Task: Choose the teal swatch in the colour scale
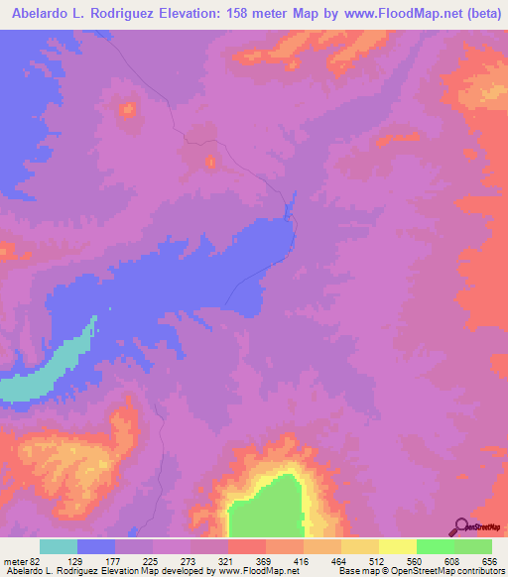click(x=59, y=546)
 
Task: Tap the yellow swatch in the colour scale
click(x=397, y=546)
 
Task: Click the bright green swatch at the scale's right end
click(x=472, y=546)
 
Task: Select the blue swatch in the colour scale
click(x=96, y=546)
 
